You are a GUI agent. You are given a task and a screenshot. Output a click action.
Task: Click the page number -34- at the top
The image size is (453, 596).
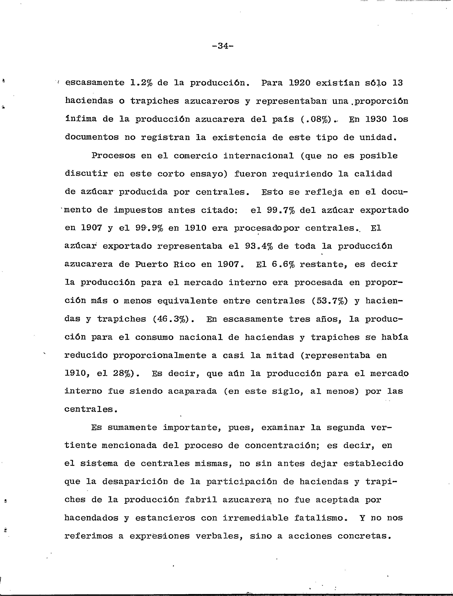pos(222,46)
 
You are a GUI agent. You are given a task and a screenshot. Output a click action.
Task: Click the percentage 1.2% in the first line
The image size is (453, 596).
pos(141,83)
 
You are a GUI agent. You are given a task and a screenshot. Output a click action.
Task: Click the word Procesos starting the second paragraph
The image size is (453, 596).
pos(113,156)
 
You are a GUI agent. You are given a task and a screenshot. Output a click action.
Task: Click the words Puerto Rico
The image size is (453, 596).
pos(165,264)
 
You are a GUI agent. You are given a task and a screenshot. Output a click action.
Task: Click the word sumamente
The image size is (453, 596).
pos(132,428)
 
